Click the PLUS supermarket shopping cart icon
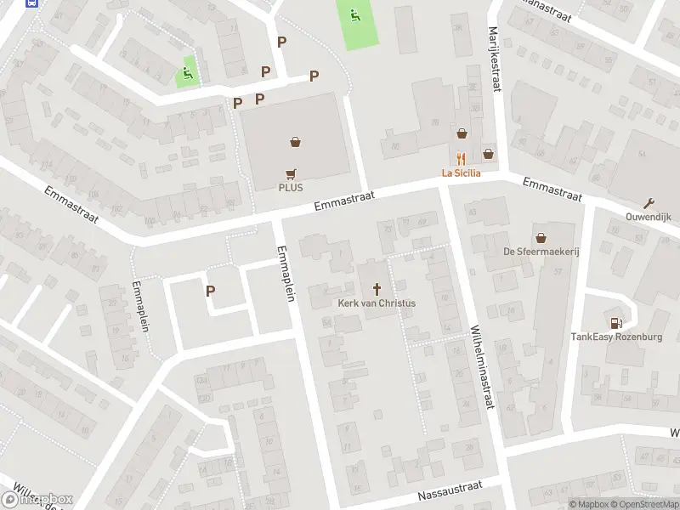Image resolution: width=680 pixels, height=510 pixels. click(x=291, y=173)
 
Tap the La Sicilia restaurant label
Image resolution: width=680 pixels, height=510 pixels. click(x=461, y=173)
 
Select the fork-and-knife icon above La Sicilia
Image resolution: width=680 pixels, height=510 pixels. click(x=461, y=158)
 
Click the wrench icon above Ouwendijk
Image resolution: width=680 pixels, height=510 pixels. click(x=649, y=202)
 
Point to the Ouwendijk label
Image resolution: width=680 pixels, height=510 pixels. click(x=649, y=216)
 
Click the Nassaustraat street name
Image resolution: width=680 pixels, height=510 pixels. click(x=450, y=493)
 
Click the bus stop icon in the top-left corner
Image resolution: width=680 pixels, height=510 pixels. click(x=33, y=3)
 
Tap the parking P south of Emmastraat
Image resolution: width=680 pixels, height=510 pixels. click(x=210, y=291)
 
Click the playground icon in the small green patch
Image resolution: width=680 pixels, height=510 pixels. click(x=187, y=74)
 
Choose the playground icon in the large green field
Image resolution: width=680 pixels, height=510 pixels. click(x=354, y=14)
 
